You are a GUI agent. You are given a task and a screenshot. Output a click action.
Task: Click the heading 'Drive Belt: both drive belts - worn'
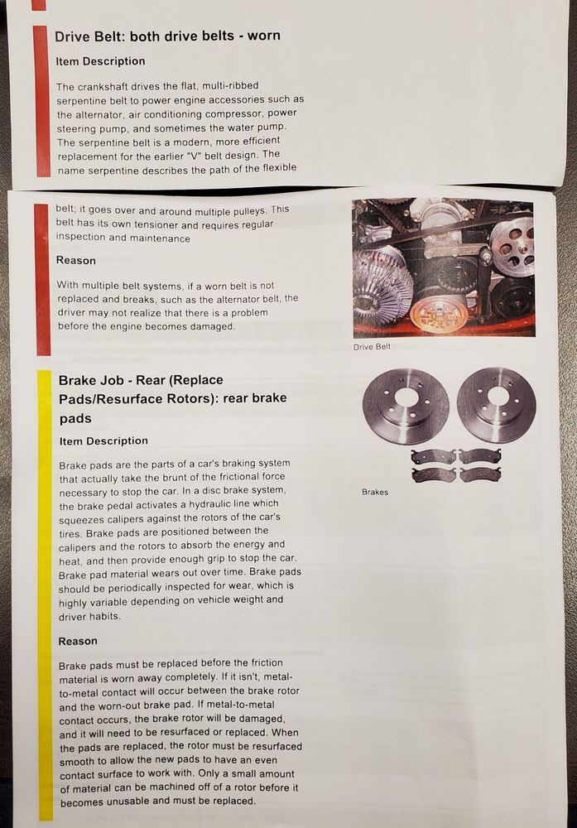click(x=167, y=36)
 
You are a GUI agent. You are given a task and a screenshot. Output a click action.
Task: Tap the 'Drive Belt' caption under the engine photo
click(x=373, y=346)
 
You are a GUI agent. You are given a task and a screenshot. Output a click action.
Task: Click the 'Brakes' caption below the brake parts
click(x=375, y=492)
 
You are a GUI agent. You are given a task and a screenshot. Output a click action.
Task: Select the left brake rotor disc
click(x=406, y=406)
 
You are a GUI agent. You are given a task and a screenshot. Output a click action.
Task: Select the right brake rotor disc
click(x=496, y=405)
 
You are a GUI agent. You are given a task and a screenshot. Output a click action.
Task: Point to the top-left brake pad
click(x=434, y=456)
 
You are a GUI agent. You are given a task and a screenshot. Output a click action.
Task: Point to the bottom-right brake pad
click(x=480, y=474)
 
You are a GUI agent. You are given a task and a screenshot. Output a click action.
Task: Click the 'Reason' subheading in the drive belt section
click(x=76, y=260)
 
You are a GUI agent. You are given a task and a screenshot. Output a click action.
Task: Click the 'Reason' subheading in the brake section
click(x=78, y=641)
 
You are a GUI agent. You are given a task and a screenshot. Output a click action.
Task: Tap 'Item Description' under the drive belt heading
click(x=100, y=61)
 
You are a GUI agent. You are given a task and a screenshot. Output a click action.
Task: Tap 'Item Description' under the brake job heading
click(x=103, y=441)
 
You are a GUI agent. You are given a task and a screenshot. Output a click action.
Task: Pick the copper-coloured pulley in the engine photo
click(x=440, y=315)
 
